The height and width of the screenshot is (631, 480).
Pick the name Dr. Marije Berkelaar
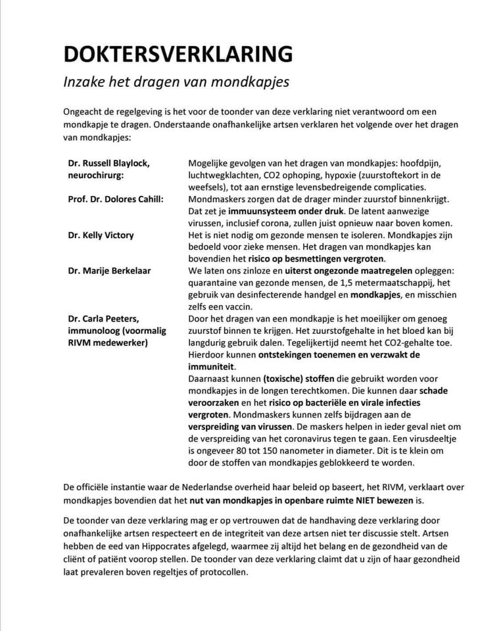tap(110, 270)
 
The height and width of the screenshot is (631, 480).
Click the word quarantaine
tap(216, 282)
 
